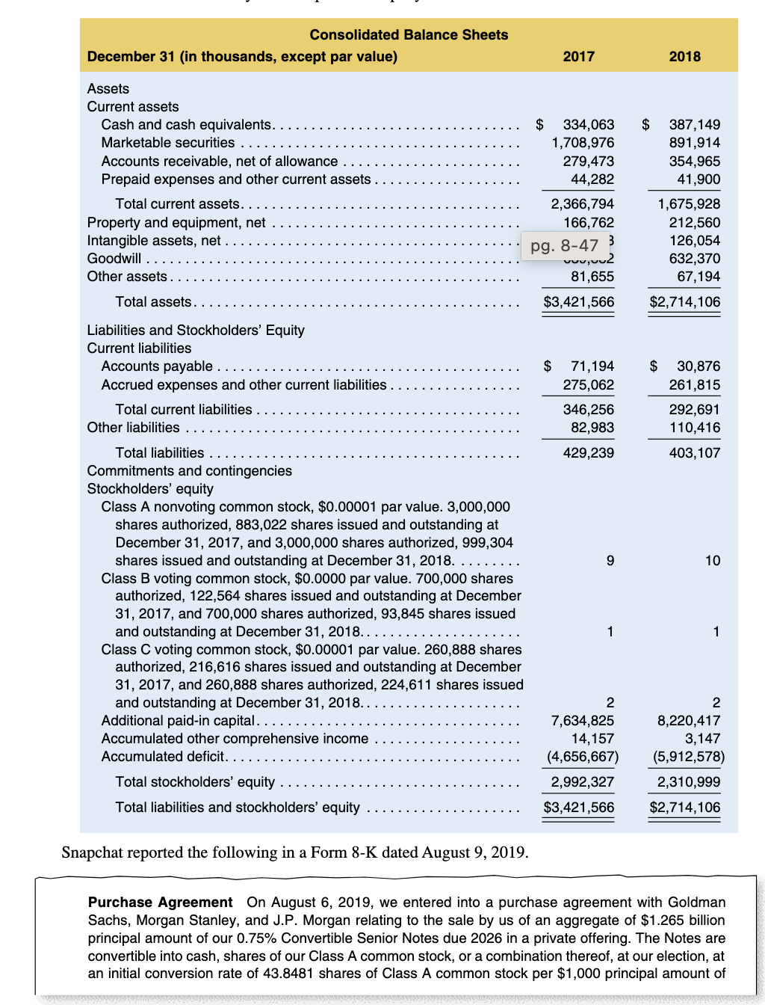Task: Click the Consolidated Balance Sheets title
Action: pyautogui.click(x=409, y=34)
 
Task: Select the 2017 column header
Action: pyautogui.click(x=579, y=57)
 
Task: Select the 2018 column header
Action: pyautogui.click(x=685, y=57)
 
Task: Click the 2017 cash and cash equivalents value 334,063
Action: pyautogui.click(x=588, y=125)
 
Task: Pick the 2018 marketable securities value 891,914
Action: pyautogui.click(x=695, y=143)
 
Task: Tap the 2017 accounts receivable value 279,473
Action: pyautogui.click(x=588, y=162)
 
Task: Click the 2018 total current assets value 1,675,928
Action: pyautogui.click(x=689, y=204)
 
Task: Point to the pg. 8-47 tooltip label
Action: pyautogui.click(x=565, y=245)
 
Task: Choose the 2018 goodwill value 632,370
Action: pyautogui.click(x=695, y=259)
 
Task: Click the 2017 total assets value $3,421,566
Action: pyautogui.click(x=579, y=302)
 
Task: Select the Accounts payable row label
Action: pyautogui.click(x=157, y=366)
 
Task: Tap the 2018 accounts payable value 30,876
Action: pyautogui.click(x=699, y=366)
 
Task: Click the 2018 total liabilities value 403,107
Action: pyautogui.click(x=695, y=453)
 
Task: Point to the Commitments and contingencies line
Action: pyautogui.click(x=190, y=471)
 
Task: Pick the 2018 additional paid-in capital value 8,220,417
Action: pyautogui.click(x=689, y=721)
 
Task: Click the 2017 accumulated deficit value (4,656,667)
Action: pyautogui.click(x=583, y=757)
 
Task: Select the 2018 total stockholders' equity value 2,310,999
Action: pyautogui.click(x=689, y=782)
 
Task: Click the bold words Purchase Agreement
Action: pyautogui.click(x=160, y=903)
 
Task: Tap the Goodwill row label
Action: pyautogui.click(x=114, y=259)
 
